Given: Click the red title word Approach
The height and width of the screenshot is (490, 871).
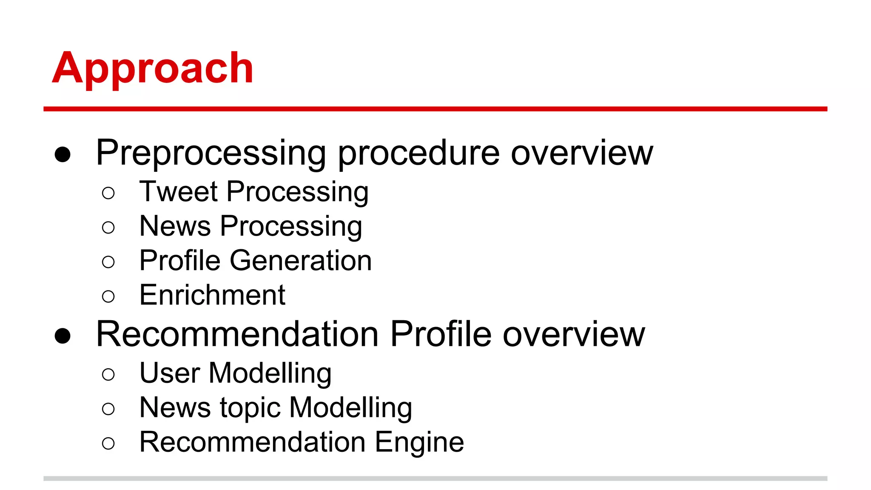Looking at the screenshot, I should pos(153,68).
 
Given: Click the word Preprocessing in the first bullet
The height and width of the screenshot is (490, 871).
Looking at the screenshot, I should pos(211,153).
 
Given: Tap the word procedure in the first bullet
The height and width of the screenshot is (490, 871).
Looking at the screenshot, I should pos(418,153).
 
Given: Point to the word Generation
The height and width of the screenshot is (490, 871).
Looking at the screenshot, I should pos(301,260).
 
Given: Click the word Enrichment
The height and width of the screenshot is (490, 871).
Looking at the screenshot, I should pos(212,295).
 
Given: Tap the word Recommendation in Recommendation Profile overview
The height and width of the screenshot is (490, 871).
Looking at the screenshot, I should pos(237,334).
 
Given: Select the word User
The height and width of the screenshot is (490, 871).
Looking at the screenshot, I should pos(170,373).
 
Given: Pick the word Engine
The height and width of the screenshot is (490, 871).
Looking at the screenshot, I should pos(419,442).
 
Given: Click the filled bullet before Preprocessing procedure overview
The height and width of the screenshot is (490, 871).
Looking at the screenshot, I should pos(63,155).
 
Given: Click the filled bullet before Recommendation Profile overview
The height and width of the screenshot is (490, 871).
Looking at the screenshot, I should pos(63,336).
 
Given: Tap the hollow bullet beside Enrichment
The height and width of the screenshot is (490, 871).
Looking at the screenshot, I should pos(108,296).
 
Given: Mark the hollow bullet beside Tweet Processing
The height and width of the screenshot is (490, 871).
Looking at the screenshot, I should pos(108,193).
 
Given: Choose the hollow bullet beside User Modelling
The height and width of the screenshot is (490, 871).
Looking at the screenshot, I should pos(108,375).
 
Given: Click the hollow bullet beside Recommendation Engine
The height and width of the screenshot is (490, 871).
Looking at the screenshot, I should pos(108,444).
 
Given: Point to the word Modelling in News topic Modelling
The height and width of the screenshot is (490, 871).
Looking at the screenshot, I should pos(350,407).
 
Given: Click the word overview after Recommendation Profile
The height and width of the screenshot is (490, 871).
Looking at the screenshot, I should pos(574,334).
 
